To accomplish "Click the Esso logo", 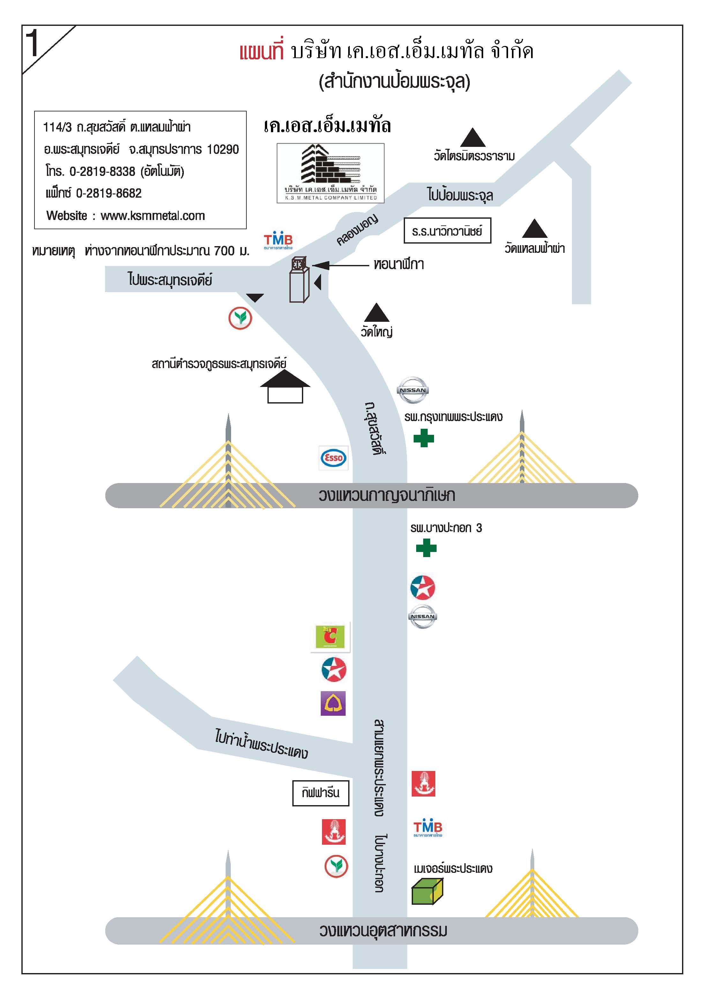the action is [x=334, y=458].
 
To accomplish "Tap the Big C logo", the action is [x=330, y=637].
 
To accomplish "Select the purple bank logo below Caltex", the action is [x=333, y=704].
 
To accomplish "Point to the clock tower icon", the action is [x=300, y=279].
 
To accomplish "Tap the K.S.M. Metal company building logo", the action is [x=330, y=173].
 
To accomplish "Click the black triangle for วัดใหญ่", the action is [x=376, y=313].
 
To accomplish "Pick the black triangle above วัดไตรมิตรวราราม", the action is [x=473, y=137].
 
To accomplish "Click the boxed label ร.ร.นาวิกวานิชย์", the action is [x=447, y=230].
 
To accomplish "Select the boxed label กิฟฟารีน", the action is [x=320, y=793].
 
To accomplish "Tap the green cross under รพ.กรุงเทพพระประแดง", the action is [x=424, y=438].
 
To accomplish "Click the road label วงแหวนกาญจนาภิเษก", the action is [x=387, y=495].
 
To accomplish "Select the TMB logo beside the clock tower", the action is [x=278, y=241].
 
